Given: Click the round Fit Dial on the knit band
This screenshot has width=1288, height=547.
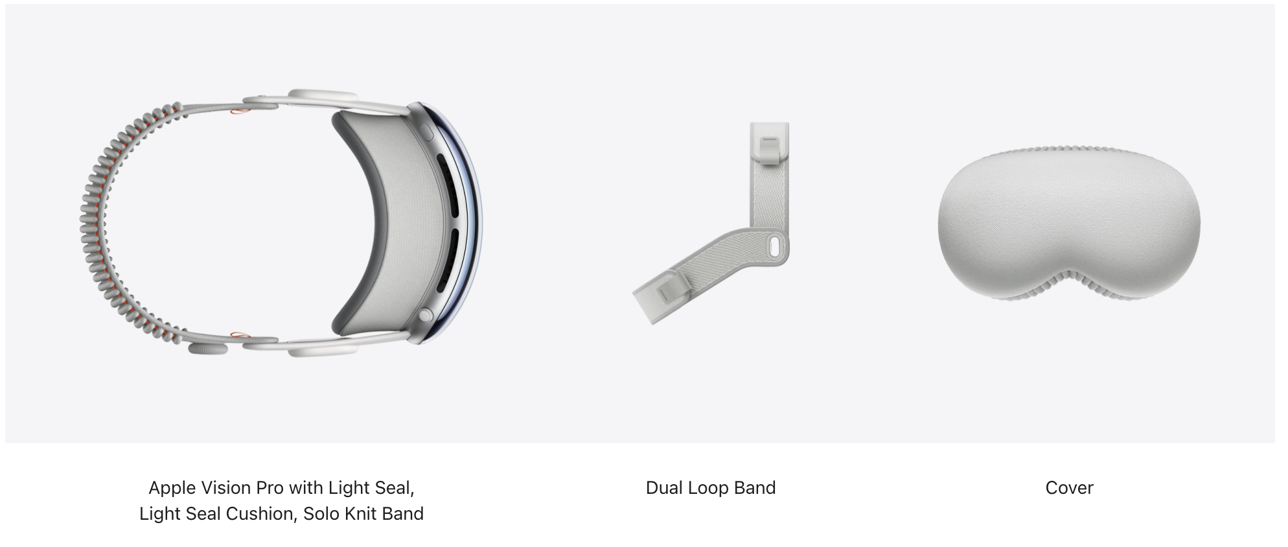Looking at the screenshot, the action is [208, 349].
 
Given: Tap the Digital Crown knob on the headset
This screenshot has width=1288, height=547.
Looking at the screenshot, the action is [426, 316].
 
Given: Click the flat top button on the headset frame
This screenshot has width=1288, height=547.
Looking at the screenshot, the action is [428, 131].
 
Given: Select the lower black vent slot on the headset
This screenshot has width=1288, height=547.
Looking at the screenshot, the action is [450, 259].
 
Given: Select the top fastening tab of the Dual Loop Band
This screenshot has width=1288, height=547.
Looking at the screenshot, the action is [768, 150].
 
